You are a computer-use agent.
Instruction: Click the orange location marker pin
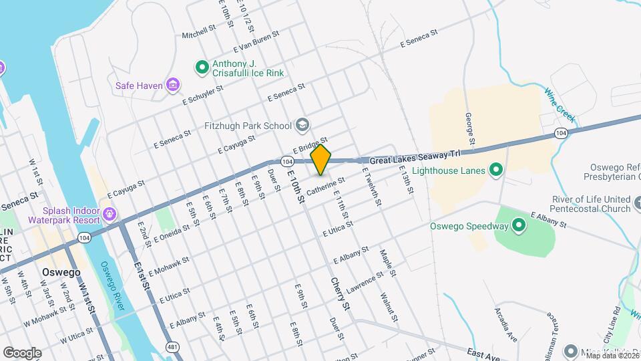pyautogui.click(x=321, y=160)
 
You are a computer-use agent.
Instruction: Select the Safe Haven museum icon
pyautogui.click(x=173, y=85)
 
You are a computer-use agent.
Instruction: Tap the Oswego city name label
pyautogui.click(x=61, y=273)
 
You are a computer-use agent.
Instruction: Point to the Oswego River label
pyautogui.click(x=112, y=284)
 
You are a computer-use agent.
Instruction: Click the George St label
pyautogui.click(x=469, y=128)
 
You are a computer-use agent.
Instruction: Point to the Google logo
pyautogui.click(x=23, y=352)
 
